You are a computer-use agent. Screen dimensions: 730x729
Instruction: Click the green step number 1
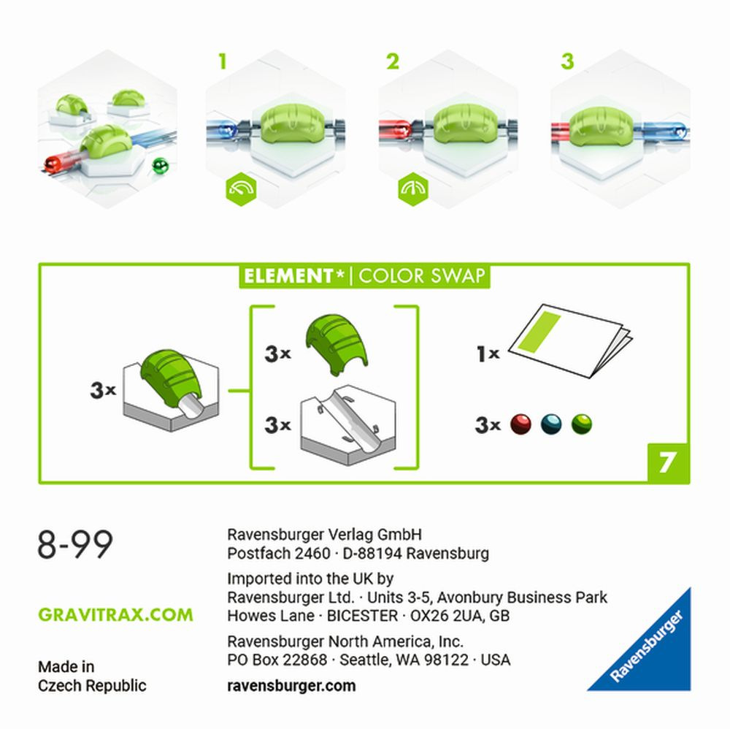click(x=223, y=61)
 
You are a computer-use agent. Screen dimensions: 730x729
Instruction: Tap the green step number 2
click(x=393, y=61)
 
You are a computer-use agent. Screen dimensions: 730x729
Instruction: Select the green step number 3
click(x=567, y=61)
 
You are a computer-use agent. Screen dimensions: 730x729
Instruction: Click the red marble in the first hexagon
click(x=52, y=164)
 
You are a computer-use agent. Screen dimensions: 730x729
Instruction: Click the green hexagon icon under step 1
click(x=241, y=189)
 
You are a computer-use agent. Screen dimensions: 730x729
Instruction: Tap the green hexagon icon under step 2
click(x=413, y=189)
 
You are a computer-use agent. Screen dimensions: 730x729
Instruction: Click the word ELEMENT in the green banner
click(x=288, y=276)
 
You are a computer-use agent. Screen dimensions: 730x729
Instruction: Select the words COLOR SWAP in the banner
click(x=422, y=276)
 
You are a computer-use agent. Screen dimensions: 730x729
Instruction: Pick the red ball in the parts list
click(x=520, y=424)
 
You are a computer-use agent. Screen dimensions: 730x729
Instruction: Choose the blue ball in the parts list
click(x=551, y=424)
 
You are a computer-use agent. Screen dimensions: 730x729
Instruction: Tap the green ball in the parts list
click(x=582, y=424)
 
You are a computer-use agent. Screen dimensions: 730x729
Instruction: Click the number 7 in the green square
click(x=667, y=462)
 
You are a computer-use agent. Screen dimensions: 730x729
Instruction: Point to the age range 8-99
click(x=75, y=544)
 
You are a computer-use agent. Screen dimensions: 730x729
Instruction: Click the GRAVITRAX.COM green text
click(x=115, y=615)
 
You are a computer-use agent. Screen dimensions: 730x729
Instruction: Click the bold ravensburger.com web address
click(x=291, y=686)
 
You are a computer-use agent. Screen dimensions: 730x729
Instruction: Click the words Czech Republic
click(x=92, y=686)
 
